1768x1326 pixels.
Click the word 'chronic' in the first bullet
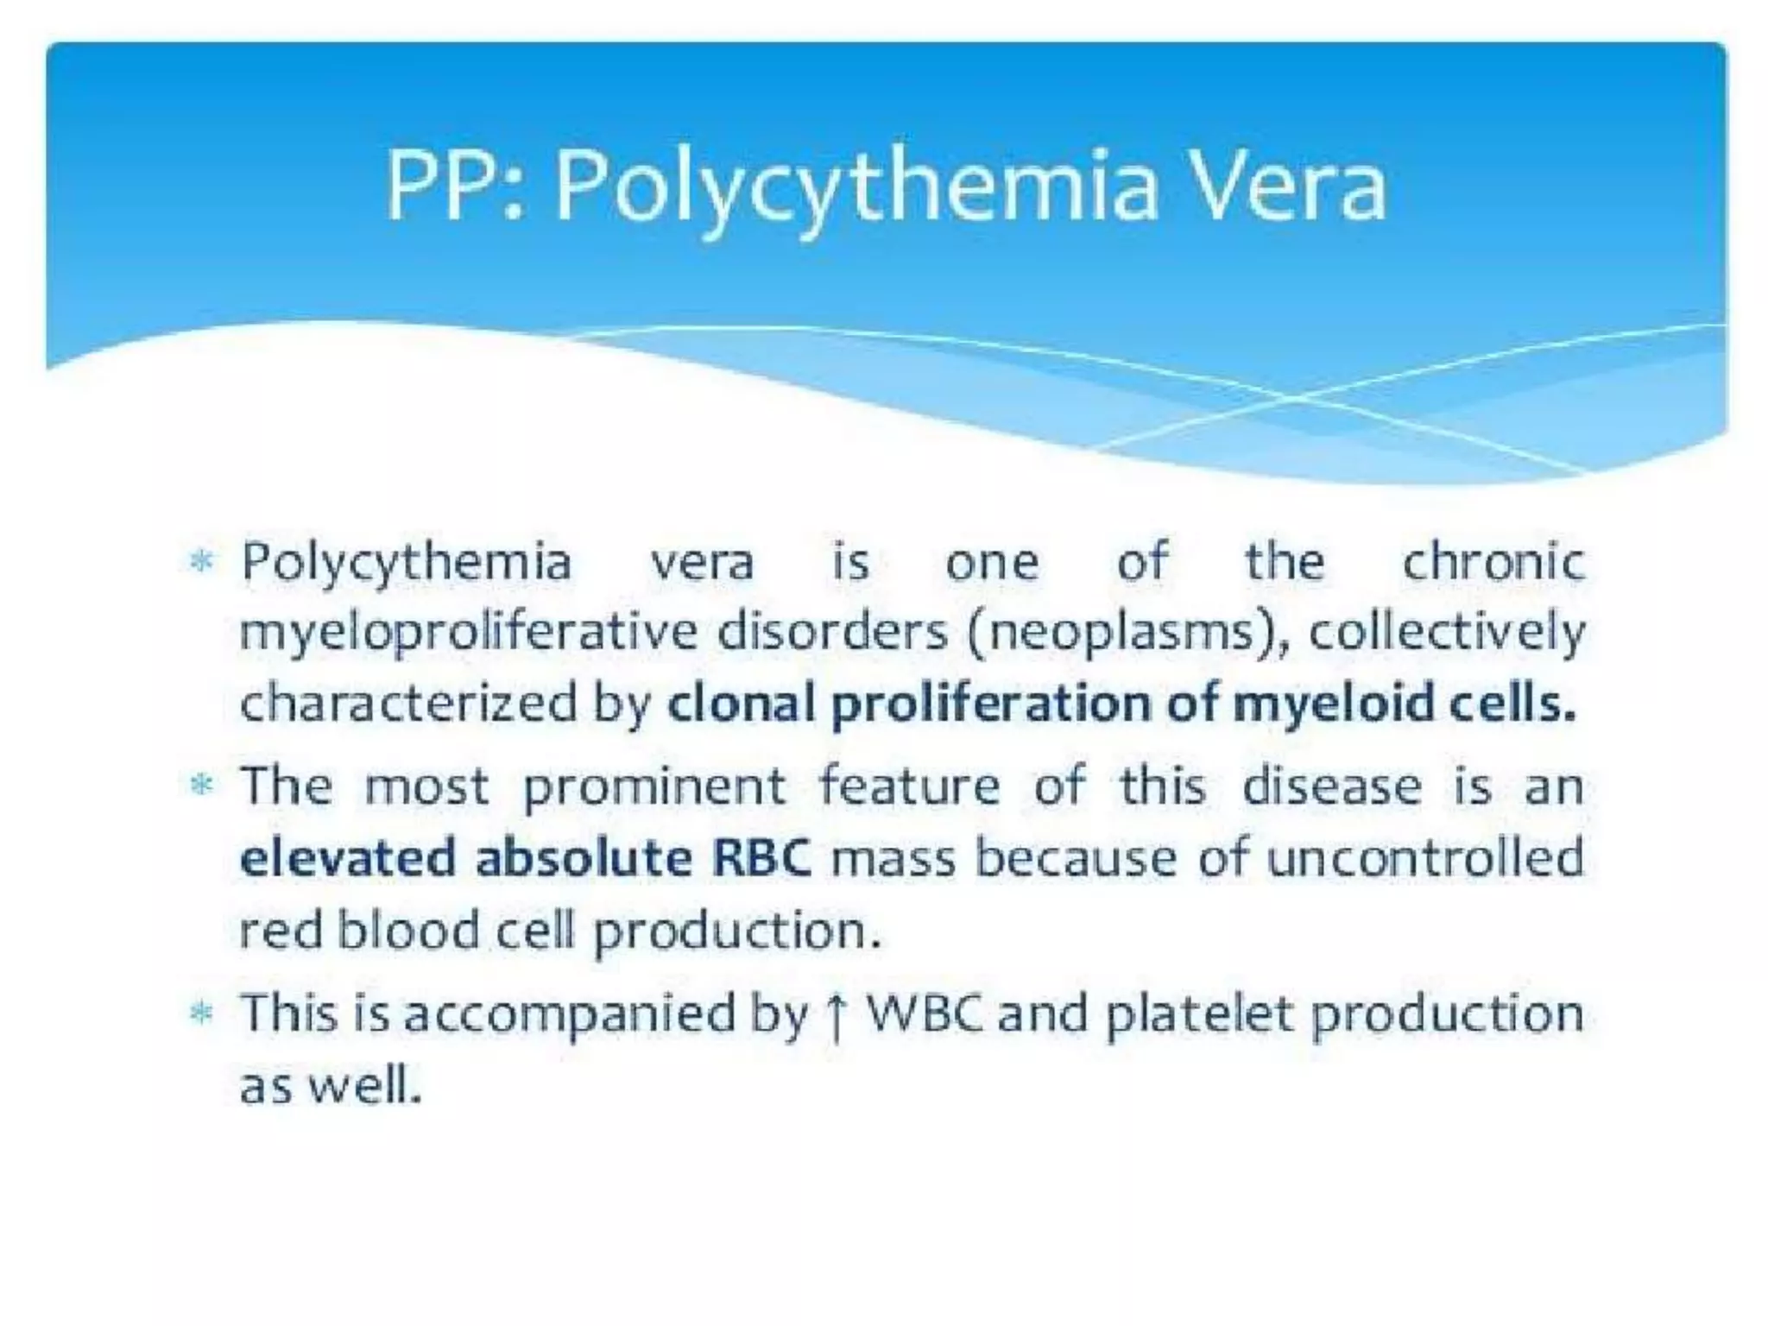tap(1493, 563)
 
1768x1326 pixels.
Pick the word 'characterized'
tap(407, 704)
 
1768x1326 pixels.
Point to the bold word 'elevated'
tap(347, 859)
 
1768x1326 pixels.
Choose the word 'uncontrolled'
tap(1425, 859)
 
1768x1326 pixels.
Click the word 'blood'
tap(407, 931)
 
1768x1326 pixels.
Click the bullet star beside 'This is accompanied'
tap(201, 1013)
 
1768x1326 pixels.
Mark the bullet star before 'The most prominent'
tap(201, 786)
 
